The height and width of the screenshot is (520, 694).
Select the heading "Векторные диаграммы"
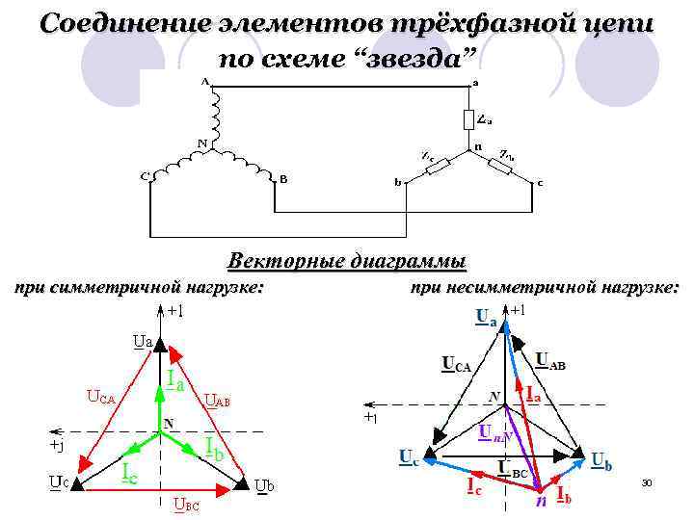[347, 261]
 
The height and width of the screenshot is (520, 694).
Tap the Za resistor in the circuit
[469, 119]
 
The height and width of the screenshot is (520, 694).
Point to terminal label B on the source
[282, 179]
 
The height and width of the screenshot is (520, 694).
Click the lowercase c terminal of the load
[540, 181]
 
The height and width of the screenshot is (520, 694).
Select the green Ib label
[215, 446]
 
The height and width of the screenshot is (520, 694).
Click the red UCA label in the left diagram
[100, 396]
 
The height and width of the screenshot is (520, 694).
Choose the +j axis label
[58, 446]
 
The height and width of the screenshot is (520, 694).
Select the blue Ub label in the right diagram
[601, 461]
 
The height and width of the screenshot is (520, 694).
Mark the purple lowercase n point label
[541, 501]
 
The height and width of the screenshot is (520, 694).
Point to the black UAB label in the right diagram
[550, 361]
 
